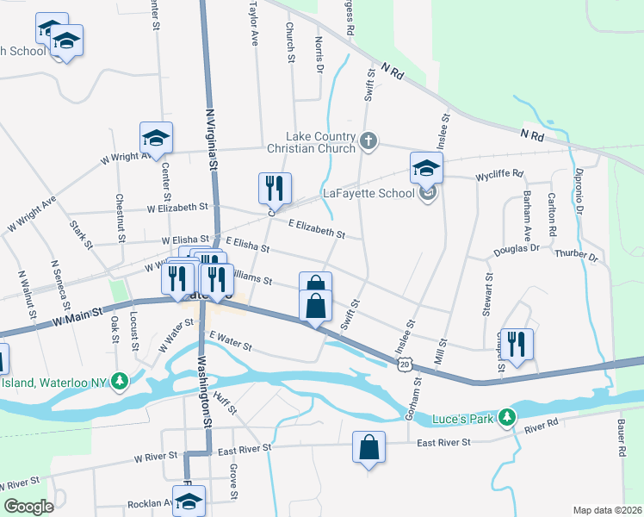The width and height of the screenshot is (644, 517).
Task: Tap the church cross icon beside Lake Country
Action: (368, 140)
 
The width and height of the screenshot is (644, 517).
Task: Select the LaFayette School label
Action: (368, 193)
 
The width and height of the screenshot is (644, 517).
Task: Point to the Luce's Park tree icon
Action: (508, 417)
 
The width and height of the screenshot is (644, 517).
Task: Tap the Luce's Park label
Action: (465, 417)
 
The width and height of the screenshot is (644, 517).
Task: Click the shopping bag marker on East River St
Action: (368, 448)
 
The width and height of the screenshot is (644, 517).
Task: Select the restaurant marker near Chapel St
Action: (517, 344)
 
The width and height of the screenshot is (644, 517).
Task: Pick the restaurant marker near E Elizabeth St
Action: (275, 189)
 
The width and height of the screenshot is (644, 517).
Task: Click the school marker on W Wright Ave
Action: (157, 138)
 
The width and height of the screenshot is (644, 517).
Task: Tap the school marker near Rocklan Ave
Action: (189, 500)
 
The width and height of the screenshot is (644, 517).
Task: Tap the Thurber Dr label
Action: (577, 256)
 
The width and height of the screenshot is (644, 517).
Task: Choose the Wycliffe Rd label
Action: (499, 175)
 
